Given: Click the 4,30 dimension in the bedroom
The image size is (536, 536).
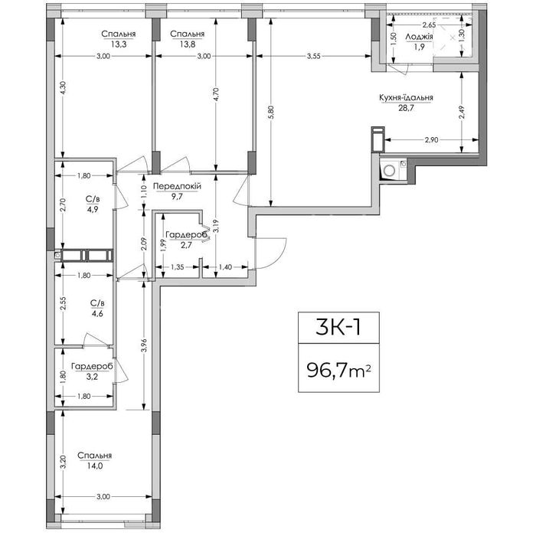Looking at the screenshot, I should coord(64,88).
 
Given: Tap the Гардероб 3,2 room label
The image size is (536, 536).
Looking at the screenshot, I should coord(90,371).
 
